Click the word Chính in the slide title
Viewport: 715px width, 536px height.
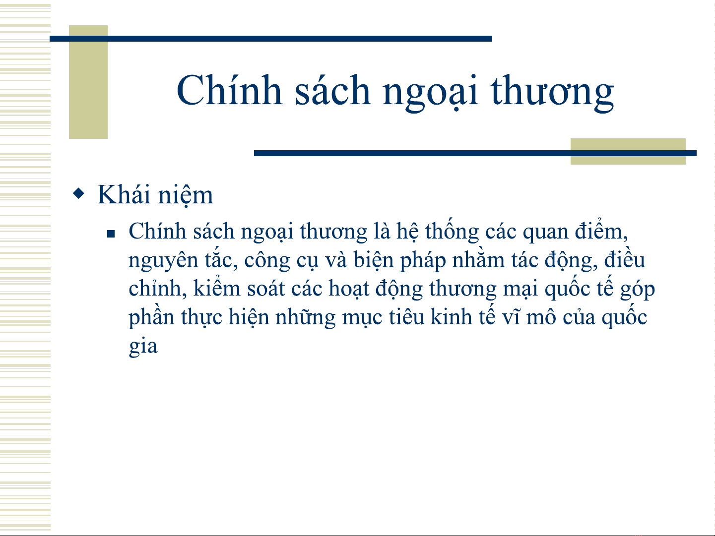coord(229,89)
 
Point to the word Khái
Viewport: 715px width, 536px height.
coord(124,194)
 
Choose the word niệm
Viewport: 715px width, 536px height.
coord(186,196)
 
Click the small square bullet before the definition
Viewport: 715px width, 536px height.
coord(111,234)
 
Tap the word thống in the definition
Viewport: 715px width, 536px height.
coord(452,232)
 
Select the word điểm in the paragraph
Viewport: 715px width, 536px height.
coord(601,231)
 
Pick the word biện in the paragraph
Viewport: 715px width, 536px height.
coord(373,261)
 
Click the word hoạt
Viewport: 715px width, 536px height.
coord(349,289)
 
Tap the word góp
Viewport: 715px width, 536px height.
coord(637,290)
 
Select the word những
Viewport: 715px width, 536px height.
coord(305,318)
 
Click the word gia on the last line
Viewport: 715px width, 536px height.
coord(143,347)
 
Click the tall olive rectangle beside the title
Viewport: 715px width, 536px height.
coord(88,82)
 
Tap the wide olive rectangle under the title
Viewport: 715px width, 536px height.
coord(628,151)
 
